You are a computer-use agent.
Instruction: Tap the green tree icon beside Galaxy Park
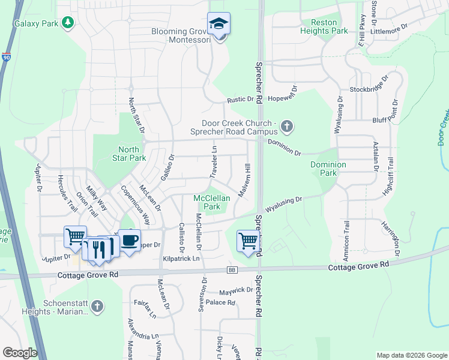(x=69, y=23)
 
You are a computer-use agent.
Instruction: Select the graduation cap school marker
(x=218, y=24)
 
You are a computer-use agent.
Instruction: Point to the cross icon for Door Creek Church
(x=287, y=127)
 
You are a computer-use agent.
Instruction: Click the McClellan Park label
(x=208, y=202)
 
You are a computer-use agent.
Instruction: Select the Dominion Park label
(x=328, y=169)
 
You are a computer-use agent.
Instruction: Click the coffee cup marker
(x=129, y=240)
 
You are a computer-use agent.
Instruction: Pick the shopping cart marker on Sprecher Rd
(x=248, y=241)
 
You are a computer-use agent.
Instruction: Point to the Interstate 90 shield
(x=6, y=58)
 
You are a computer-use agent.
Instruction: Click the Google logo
(x=20, y=353)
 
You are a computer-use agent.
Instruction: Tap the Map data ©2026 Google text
(x=411, y=355)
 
